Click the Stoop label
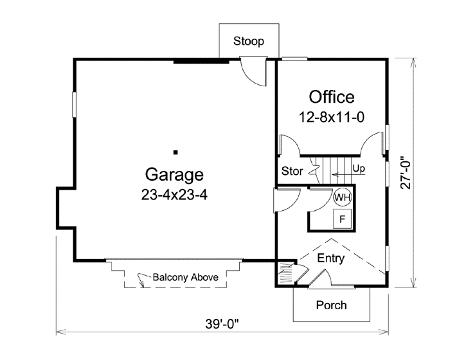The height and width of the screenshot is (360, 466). pyautogui.click(x=248, y=42)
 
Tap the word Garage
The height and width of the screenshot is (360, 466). pyautogui.click(x=174, y=174)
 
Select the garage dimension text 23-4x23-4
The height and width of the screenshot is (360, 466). pyautogui.click(x=174, y=195)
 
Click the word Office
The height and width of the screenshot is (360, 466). pyautogui.click(x=331, y=97)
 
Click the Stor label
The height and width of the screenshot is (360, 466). pyautogui.click(x=292, y=172)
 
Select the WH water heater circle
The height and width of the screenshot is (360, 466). pyautogui.click(x=342, y=197)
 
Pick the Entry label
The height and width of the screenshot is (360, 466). pyautogui.click(x=331, y=259)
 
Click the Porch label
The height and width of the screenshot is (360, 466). pyautogui.click(x=331, y=305)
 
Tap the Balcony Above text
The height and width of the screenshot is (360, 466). pyautogui.click(x=186, y=278)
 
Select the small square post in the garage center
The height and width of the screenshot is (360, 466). pyautogui.click(x=175, y=152)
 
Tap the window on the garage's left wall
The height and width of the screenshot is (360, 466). pyautogui.click(x=74, y=105)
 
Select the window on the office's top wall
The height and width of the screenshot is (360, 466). pyautogui.click(x=294, y=59)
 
